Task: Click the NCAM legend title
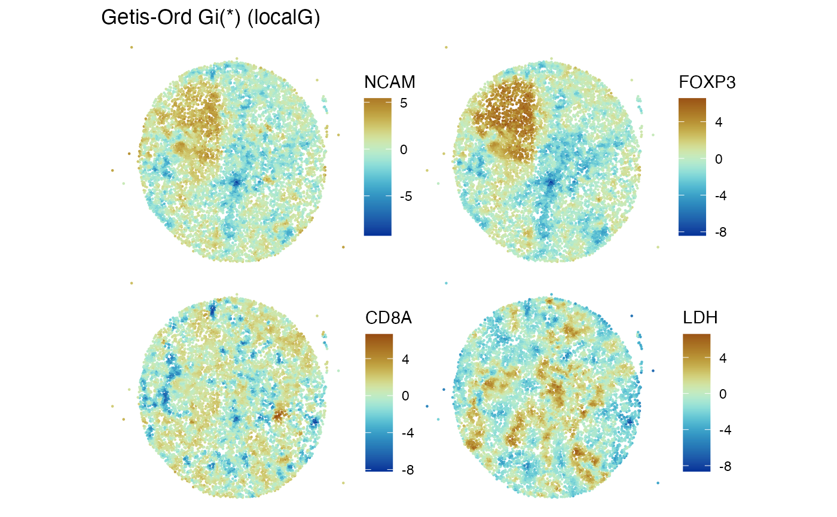[x=389, y=82]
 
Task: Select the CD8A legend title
[x=389, y=319]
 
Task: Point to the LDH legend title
[x=700, y=319]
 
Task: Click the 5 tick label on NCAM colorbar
[x=404, y=103]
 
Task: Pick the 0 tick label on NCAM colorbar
[x=404, y=149]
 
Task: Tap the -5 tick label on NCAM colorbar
[x=406, y=196]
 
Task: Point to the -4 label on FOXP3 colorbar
[x=720, y=195]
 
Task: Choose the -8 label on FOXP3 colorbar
[x=720, y=232]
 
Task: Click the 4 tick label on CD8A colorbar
[x=405, y=360]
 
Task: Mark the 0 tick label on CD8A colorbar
[x=405, y=396]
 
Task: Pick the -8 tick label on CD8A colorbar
[x=407, y=470]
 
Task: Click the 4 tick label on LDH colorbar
[x=722, y=359]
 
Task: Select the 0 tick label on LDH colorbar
[x=722, y=394]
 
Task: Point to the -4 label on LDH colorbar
[x=725, y=430]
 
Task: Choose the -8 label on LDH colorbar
[x=725, y=466]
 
